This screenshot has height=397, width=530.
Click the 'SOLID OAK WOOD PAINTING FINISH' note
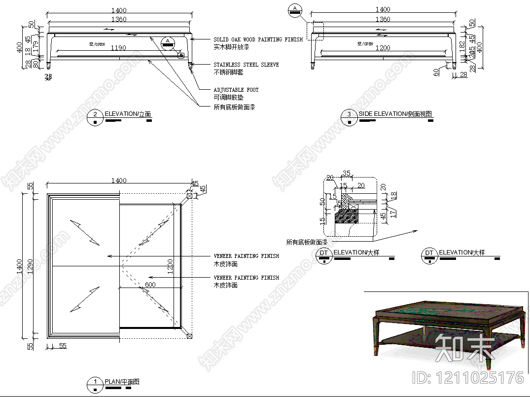pos(258,39)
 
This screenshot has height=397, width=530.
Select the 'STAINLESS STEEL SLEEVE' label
pos(246,65)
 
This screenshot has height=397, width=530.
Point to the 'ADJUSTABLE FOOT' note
pos(236,90)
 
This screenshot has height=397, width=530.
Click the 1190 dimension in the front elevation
pos(118,48)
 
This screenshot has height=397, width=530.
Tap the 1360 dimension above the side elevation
pos(383,19)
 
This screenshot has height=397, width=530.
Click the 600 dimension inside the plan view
pos(150,285)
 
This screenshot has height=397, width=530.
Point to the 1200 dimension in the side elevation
pos(383,48)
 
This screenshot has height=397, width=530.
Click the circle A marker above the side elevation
pos(295,9)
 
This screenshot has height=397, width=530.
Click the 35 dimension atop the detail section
pos(346,173)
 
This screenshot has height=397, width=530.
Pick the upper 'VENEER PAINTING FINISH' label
pos(246,256)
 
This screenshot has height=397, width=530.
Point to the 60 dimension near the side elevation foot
pos(436,72)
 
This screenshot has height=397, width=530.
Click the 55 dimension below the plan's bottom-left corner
pos(63,346)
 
